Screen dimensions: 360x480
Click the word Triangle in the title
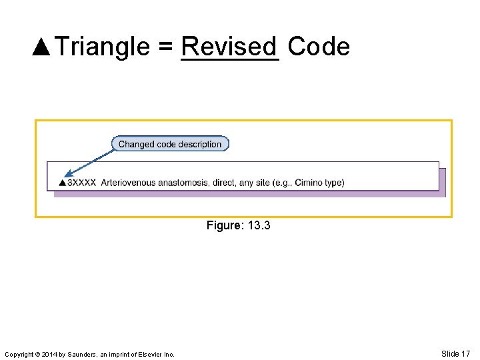(x=102, y=47)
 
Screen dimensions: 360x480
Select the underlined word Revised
(x=229, y=47)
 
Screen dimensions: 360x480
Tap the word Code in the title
(x=318, y=47)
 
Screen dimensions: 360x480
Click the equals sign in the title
(x=166, y=47)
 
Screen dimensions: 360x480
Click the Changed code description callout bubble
(x=170, y=144)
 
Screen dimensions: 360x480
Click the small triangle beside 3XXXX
(x=62, y=183)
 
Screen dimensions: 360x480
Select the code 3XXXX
(x=81, y=183)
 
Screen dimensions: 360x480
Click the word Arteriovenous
(x=129, y=183)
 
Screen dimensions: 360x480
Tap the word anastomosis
(x=183, y=183)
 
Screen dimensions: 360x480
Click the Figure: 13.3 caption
(x=238, y=226)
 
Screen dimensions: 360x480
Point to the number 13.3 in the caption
(x=259, y=226)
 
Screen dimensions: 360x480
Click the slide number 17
(x=465, y=354)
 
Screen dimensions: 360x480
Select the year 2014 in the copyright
(x=48, y=355)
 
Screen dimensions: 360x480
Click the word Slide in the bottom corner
(x=450, y=354)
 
